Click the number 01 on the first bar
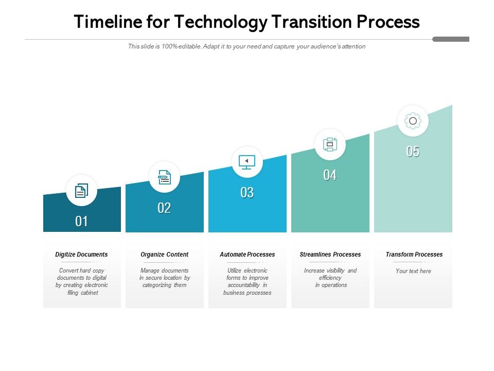point(81,222)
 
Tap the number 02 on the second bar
point(164,208)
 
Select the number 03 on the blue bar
point(247,193)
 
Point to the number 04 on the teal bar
point(330,175)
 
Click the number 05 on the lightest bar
point(413,151)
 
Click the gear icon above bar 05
point(413,121)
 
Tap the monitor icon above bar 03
point(247,162)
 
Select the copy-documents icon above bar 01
point(81,191)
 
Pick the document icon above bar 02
point(164,177)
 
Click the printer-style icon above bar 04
point(330,144)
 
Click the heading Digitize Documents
point(81,255)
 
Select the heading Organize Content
point(164,255)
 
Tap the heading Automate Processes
point(247,255)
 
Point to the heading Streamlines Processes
point(330,255)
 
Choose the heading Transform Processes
point(414,255)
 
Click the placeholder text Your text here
point(413,271)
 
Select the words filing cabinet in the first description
point(82,293)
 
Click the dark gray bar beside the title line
point(451,39)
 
